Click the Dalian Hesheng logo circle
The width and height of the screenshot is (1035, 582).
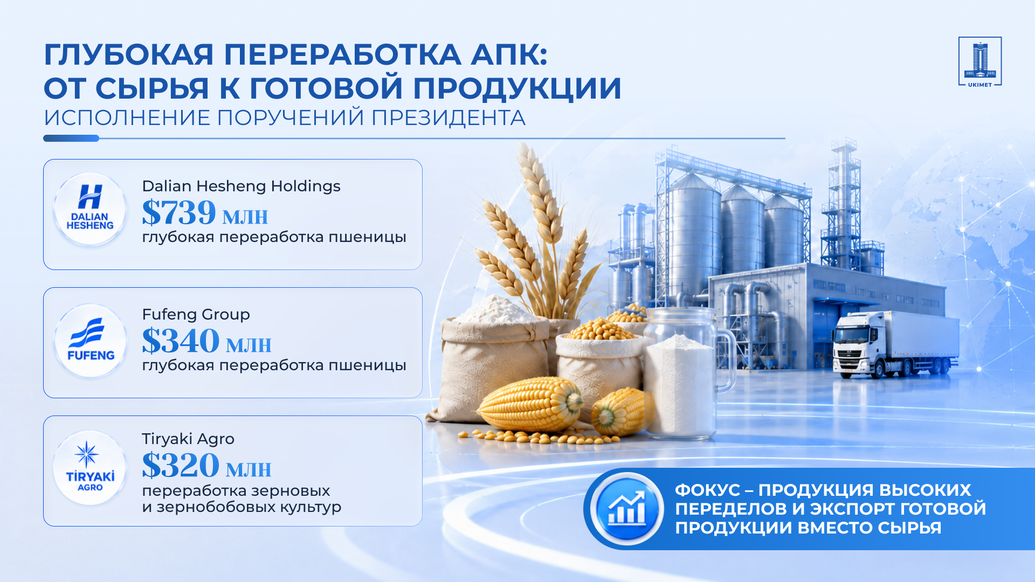tap(90, 210)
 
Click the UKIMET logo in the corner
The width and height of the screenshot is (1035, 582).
tap(980, 61)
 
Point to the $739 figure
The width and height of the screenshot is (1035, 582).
tap(179, 212)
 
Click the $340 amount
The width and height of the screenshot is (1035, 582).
tap(181, 341)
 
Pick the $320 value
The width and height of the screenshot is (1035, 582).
tap(181, 465)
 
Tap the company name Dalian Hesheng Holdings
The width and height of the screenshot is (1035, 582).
tap(241, 186)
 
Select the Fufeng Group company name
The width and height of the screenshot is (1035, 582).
tap(196, 315)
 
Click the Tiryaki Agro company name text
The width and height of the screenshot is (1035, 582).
tap(188, 439)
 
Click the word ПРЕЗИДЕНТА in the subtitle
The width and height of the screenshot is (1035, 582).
tap(448, 118)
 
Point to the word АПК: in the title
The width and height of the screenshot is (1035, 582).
tap(509, 55)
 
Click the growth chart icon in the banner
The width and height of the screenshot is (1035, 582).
tap(627, 509)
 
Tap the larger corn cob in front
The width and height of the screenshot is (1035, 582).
tap(530, 404)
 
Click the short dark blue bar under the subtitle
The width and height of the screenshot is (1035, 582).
tap(71, 138)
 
